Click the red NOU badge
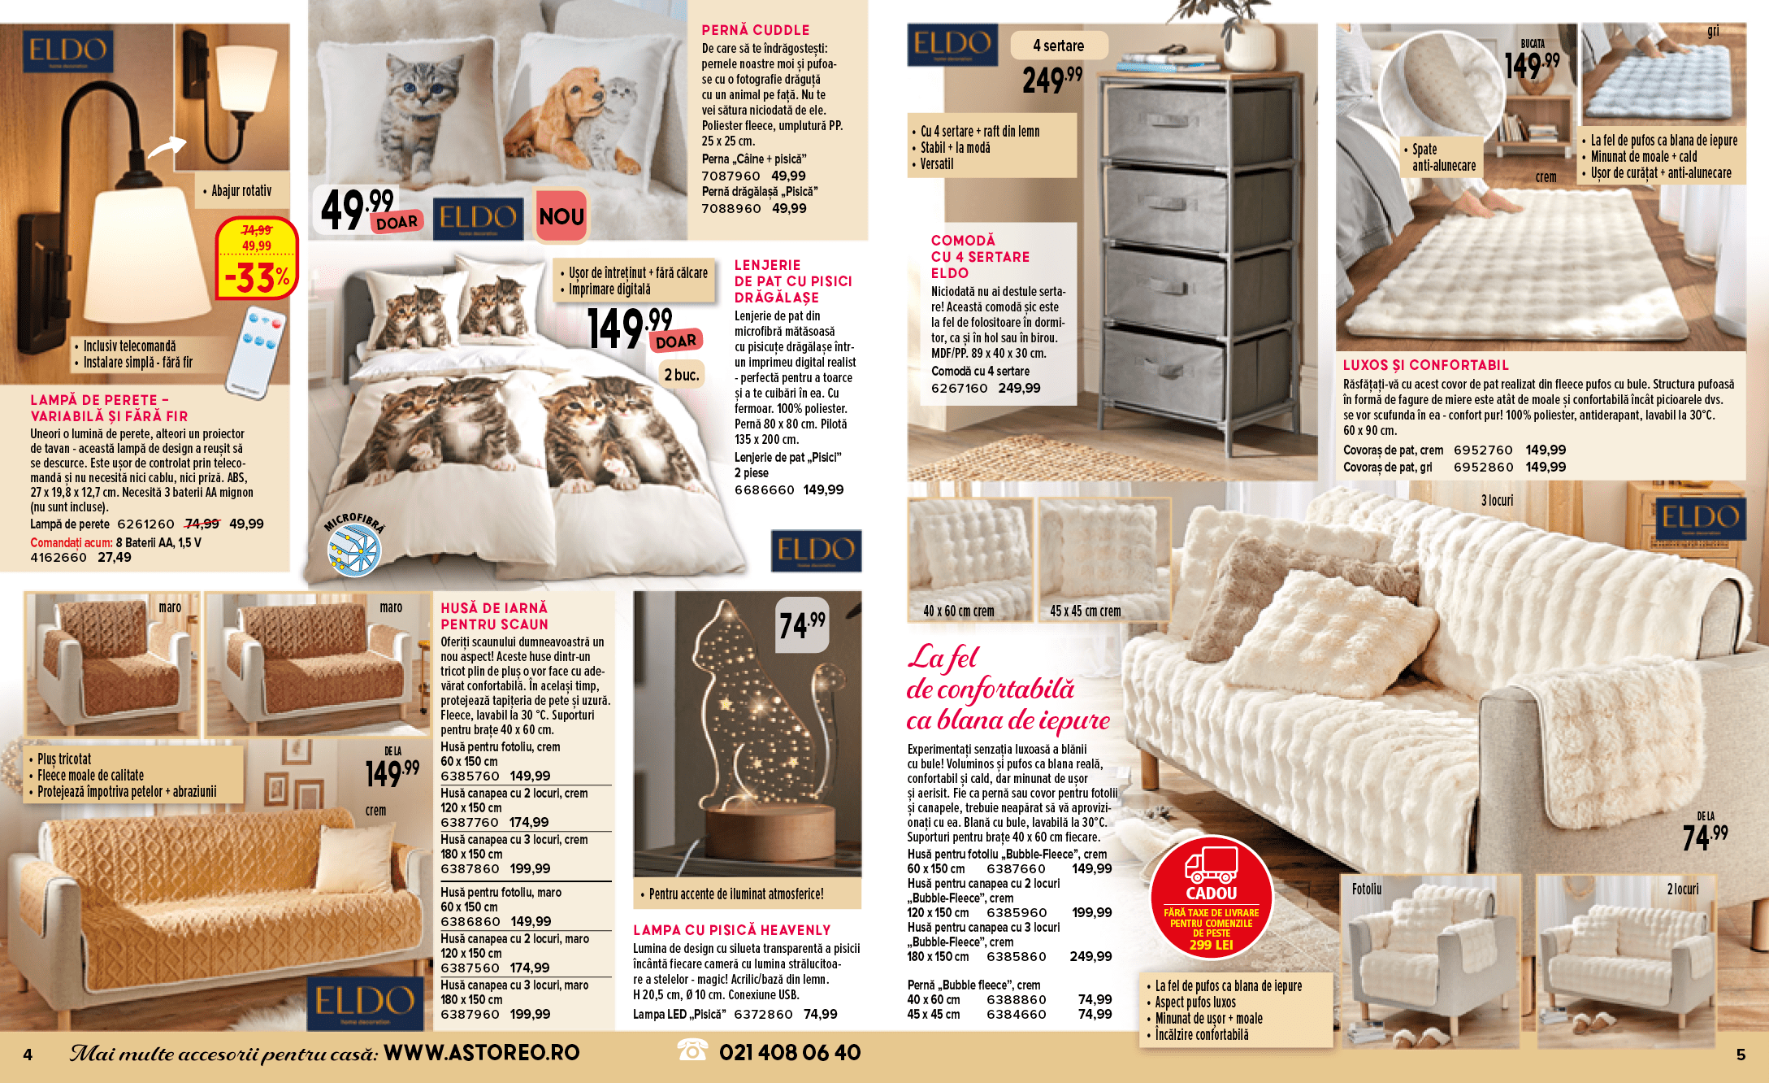pos(561,216)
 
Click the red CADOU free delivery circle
pos(1211,898)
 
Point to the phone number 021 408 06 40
pos(789,1053)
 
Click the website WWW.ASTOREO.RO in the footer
pos(481,1053)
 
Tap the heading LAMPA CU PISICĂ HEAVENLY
pos(731,930)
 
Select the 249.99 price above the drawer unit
pos(1051,80)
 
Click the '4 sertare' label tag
pos(1058,46)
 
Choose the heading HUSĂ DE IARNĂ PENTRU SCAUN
pos(494,616)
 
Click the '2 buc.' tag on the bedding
pos(681,375)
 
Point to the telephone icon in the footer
pos(692,1050)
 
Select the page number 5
pos(1741,1055)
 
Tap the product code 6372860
pos(763,1015)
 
